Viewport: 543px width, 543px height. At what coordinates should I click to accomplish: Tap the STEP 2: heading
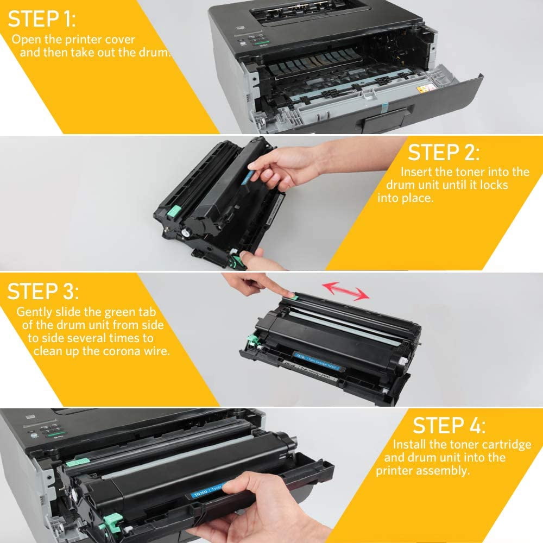pyautogui.click(x=444, y=153)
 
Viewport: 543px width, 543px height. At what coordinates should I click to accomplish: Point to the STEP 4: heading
pyautogui.click(x=450, y=425)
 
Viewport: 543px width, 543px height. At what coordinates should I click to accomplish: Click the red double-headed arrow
pyautogui.click(x=344, y=290)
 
